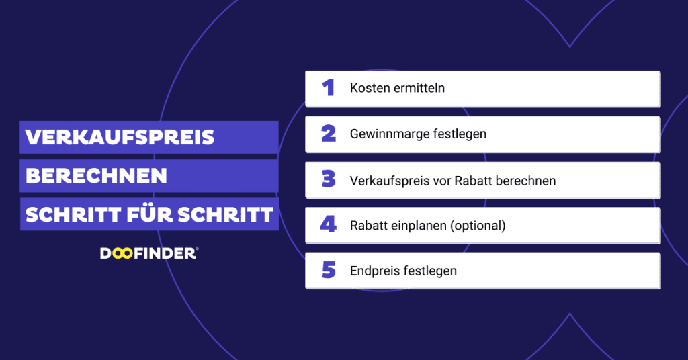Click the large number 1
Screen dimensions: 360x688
tap(328, 88)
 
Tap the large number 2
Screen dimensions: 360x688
tap(329, 134)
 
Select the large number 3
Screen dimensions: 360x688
tap(329, 180)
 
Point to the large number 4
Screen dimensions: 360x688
tap(328, 225)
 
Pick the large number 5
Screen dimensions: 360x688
tap(329, 271)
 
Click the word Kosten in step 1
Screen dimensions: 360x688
tap(368, 88)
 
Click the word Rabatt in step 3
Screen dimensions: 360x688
tap(474, 180)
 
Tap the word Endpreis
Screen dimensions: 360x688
tap(375, 271)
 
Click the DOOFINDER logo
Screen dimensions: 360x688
tap(148, 253)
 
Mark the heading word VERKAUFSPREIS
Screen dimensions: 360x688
tap(120, 138)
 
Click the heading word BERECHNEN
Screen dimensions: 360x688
tap(96, 176)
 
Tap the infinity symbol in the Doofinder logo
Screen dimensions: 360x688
tap(120, 253)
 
